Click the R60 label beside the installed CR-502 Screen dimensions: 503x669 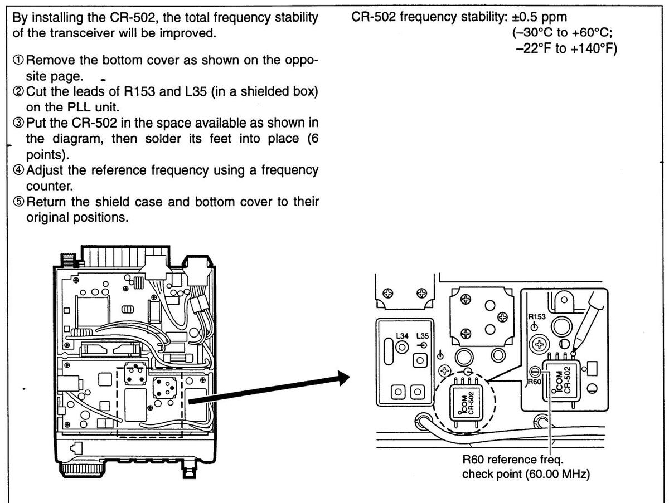pos(534,383)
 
